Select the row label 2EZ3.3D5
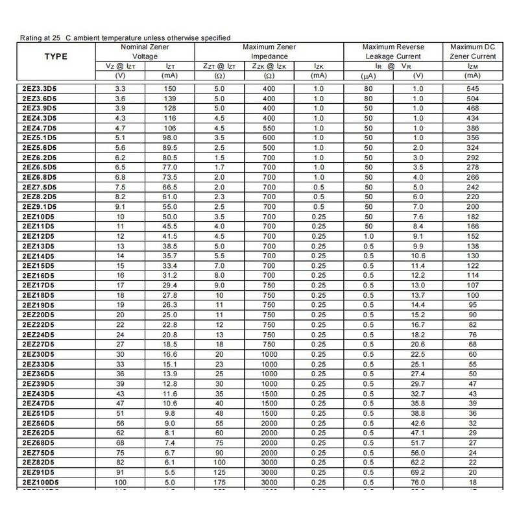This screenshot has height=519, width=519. (40, 88)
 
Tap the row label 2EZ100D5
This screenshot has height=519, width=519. (40, 483)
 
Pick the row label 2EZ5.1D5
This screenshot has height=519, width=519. (40, 138)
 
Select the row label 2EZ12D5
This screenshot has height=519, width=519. (38, 236)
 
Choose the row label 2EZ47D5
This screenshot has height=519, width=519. (38, 404)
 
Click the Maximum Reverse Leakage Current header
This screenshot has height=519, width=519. (394, 52)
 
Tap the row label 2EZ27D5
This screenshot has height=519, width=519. (38, 343)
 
